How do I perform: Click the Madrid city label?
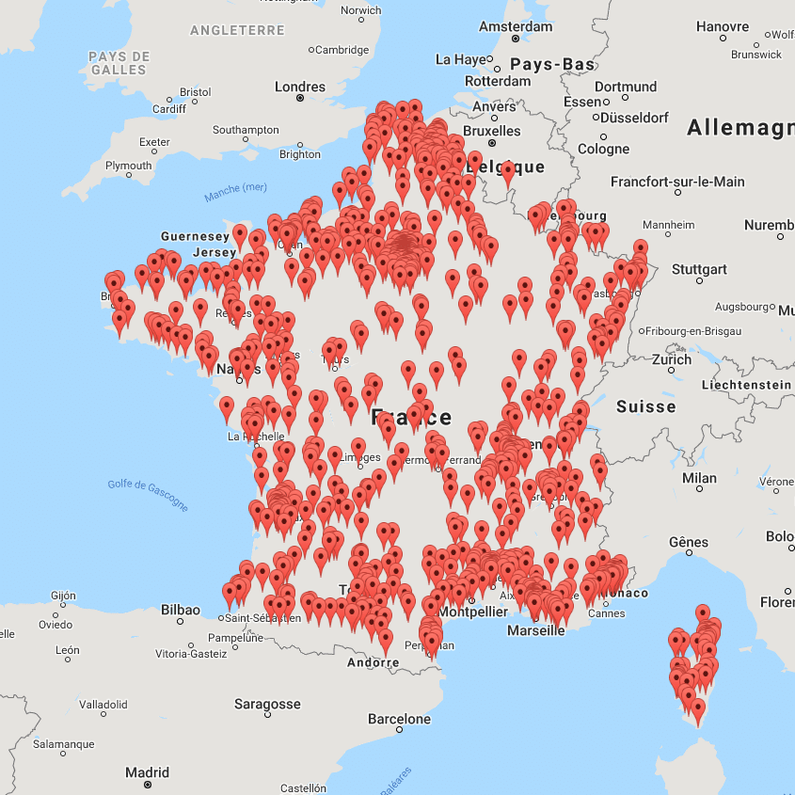coord(147,772)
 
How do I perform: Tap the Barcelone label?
coord(399,719)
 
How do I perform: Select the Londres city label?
coord(299,87)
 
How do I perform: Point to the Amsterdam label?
coord(515,26)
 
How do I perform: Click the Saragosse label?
coord(267,704)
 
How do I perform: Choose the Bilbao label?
coord(180,610)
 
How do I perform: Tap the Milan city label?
coord(699,478)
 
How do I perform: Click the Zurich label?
coord(672,359)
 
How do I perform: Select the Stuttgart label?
coord(699,269)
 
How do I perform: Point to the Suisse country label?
coord(645,406)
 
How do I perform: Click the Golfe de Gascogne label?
coord(148,496)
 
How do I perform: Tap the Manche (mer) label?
coord(235,192)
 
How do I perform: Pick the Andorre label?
coord(373,662)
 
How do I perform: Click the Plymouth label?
coord(128,166)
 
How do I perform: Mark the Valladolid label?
coord(103,704)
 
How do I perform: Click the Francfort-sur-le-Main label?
coord(676,182)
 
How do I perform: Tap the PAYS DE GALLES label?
coord(119,63)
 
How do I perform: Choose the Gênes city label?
coord(689,542)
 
